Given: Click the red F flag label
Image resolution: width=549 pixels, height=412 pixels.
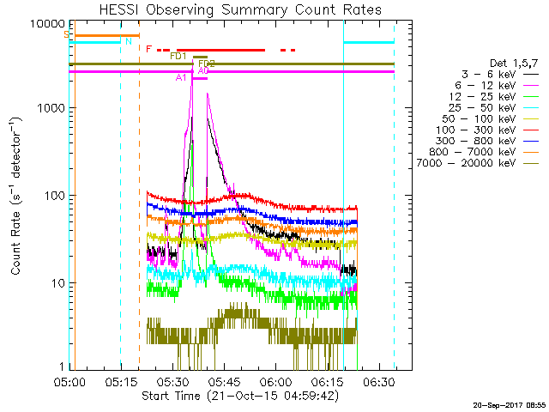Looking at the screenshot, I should point(148,49).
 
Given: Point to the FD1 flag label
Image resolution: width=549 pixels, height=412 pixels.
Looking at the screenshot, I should point(178,56).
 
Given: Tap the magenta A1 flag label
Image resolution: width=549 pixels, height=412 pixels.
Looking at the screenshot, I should point(180,77).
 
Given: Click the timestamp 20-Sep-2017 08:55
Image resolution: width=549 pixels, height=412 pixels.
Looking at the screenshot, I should point(508,404).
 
